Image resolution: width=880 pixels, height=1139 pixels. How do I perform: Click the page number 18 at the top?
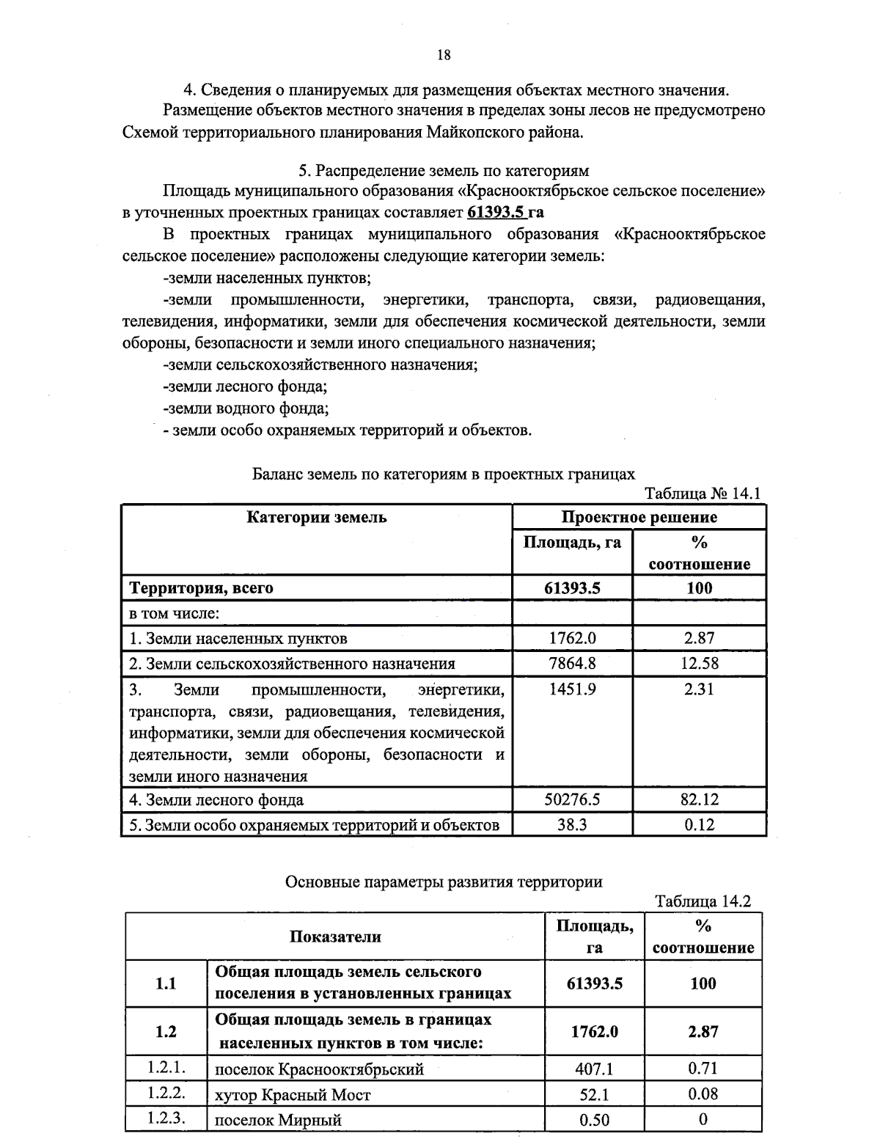(443, 55)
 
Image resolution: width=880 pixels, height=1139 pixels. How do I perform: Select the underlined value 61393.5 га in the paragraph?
(505, 213)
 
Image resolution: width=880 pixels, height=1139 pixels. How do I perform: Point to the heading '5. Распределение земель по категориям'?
(443, 171)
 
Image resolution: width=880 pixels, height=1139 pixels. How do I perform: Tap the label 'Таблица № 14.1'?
(703, 493)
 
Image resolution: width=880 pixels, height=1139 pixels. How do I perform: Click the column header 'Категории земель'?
(316, 517)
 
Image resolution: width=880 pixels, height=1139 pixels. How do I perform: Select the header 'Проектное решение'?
(639, 517)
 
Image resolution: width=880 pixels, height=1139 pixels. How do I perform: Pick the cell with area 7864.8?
(572, 664)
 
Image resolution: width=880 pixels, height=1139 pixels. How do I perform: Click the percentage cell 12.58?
(699, 664)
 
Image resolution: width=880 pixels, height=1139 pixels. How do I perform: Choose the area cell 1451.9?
(572, 689)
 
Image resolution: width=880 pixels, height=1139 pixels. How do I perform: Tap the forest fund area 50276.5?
(572, 799)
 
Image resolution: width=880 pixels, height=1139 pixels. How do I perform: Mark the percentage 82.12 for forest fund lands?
(699, 799)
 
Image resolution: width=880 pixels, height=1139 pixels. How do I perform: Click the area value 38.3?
(572, 825)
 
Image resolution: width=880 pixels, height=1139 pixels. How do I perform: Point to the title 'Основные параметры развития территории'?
(443, 882)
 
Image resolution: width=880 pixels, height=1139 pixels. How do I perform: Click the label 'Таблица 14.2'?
(703, 901)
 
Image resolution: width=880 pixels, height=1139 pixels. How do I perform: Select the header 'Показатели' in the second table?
(335, 937)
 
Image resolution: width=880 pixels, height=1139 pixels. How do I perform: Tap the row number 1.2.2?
(166, 1093)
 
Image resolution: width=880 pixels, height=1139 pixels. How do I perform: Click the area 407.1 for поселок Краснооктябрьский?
(594, 1069)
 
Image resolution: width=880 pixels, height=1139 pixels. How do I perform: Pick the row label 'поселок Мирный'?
(278, 1120)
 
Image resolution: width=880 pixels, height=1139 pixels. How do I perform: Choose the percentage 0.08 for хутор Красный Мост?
(703, 1094)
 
